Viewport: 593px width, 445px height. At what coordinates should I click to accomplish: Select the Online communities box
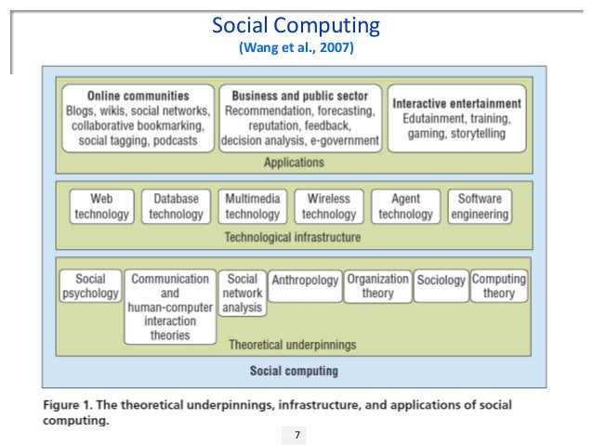[x=138, y=118]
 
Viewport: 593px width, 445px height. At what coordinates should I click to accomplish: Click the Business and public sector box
[x=299, y=118]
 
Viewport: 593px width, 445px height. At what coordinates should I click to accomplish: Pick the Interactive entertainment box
[x=456, y=118]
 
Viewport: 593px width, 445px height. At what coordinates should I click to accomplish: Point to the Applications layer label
[x=294, y=162]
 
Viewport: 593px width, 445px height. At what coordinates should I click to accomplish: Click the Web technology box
[x=101, y=206]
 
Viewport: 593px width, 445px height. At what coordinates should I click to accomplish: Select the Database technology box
[x=176, y=206]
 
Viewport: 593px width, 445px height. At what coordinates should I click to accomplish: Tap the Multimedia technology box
[x=252, y=206]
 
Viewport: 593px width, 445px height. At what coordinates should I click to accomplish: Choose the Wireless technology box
[x=328, y=206]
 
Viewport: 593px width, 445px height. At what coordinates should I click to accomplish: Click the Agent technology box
[x=405, y=206]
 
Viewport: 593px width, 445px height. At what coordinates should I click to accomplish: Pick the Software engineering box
[x=480, y=206]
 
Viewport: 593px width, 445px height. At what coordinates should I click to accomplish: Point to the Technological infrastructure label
[x=293, y=238]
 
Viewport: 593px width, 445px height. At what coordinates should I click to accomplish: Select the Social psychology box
[x=91, y=286]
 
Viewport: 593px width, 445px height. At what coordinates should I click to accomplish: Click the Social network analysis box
[x=243, y=293]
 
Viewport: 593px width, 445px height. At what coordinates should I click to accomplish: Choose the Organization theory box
[x=377, y=286]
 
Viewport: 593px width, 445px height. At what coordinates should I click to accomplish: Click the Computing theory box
[x=499, y=286]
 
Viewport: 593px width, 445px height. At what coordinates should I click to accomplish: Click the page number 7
[x=296, y=435]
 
